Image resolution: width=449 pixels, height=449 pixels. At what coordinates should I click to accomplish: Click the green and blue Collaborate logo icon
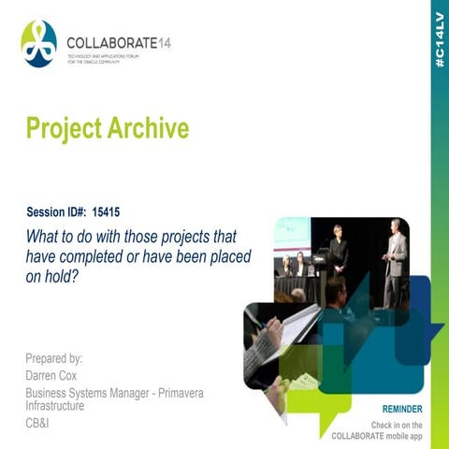38,44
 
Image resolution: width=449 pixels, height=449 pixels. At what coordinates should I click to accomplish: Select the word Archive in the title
144,128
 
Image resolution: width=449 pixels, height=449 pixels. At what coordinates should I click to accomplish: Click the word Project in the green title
61,128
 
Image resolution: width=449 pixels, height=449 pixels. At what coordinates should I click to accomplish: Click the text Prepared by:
55,357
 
